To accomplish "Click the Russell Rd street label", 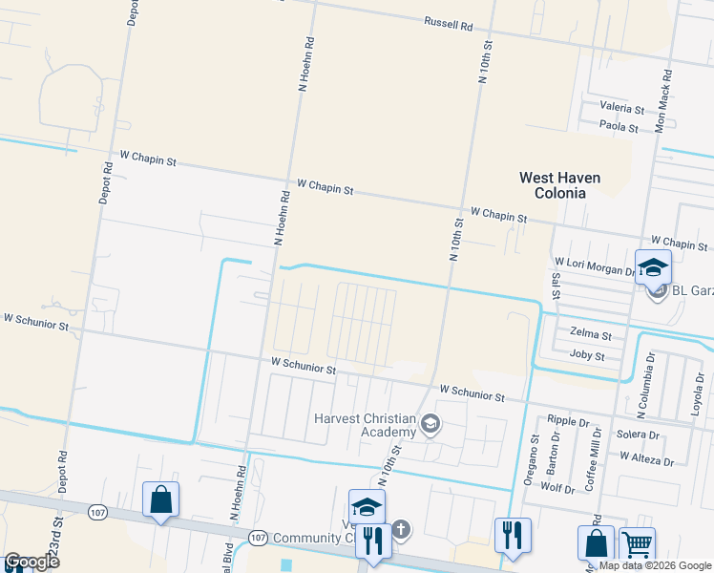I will (449, 24).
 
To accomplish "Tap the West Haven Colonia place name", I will (552, 184).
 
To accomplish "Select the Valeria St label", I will (621, 109).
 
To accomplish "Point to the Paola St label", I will (619, 125).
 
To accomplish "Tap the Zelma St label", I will (589, 334).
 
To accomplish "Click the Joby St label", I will (587, 355).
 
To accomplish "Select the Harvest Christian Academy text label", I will (366, 425).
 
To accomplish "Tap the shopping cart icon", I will (637, 543).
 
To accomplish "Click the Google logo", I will (31, 562).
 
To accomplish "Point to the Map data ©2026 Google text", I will (656, 565).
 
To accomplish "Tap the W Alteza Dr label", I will (646, 459).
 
